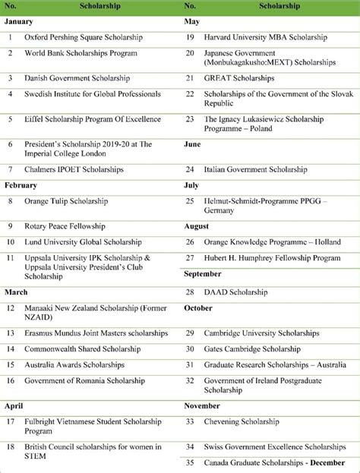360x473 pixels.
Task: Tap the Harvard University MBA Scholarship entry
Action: (266, 36)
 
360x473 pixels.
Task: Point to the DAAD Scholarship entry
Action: (237, 292)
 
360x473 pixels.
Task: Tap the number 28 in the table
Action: (190, 292)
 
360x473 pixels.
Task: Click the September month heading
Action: (203, 273)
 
